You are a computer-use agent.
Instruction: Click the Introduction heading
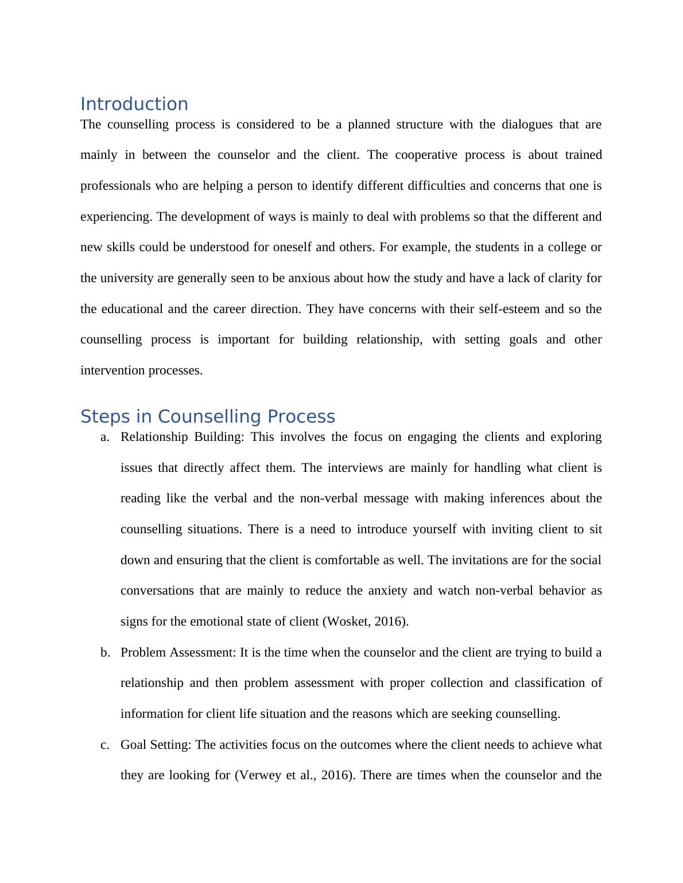(x=134, y=104)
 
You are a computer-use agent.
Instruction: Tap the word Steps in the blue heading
(x=98, y=416)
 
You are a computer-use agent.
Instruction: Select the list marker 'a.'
(x=104, y=437)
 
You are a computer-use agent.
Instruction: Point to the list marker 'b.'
(x=104, y=653)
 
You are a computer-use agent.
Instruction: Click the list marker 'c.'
(x=104, y=745)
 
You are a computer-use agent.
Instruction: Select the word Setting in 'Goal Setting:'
(x=171, y=745)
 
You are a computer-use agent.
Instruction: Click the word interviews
(x=355, y=468)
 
